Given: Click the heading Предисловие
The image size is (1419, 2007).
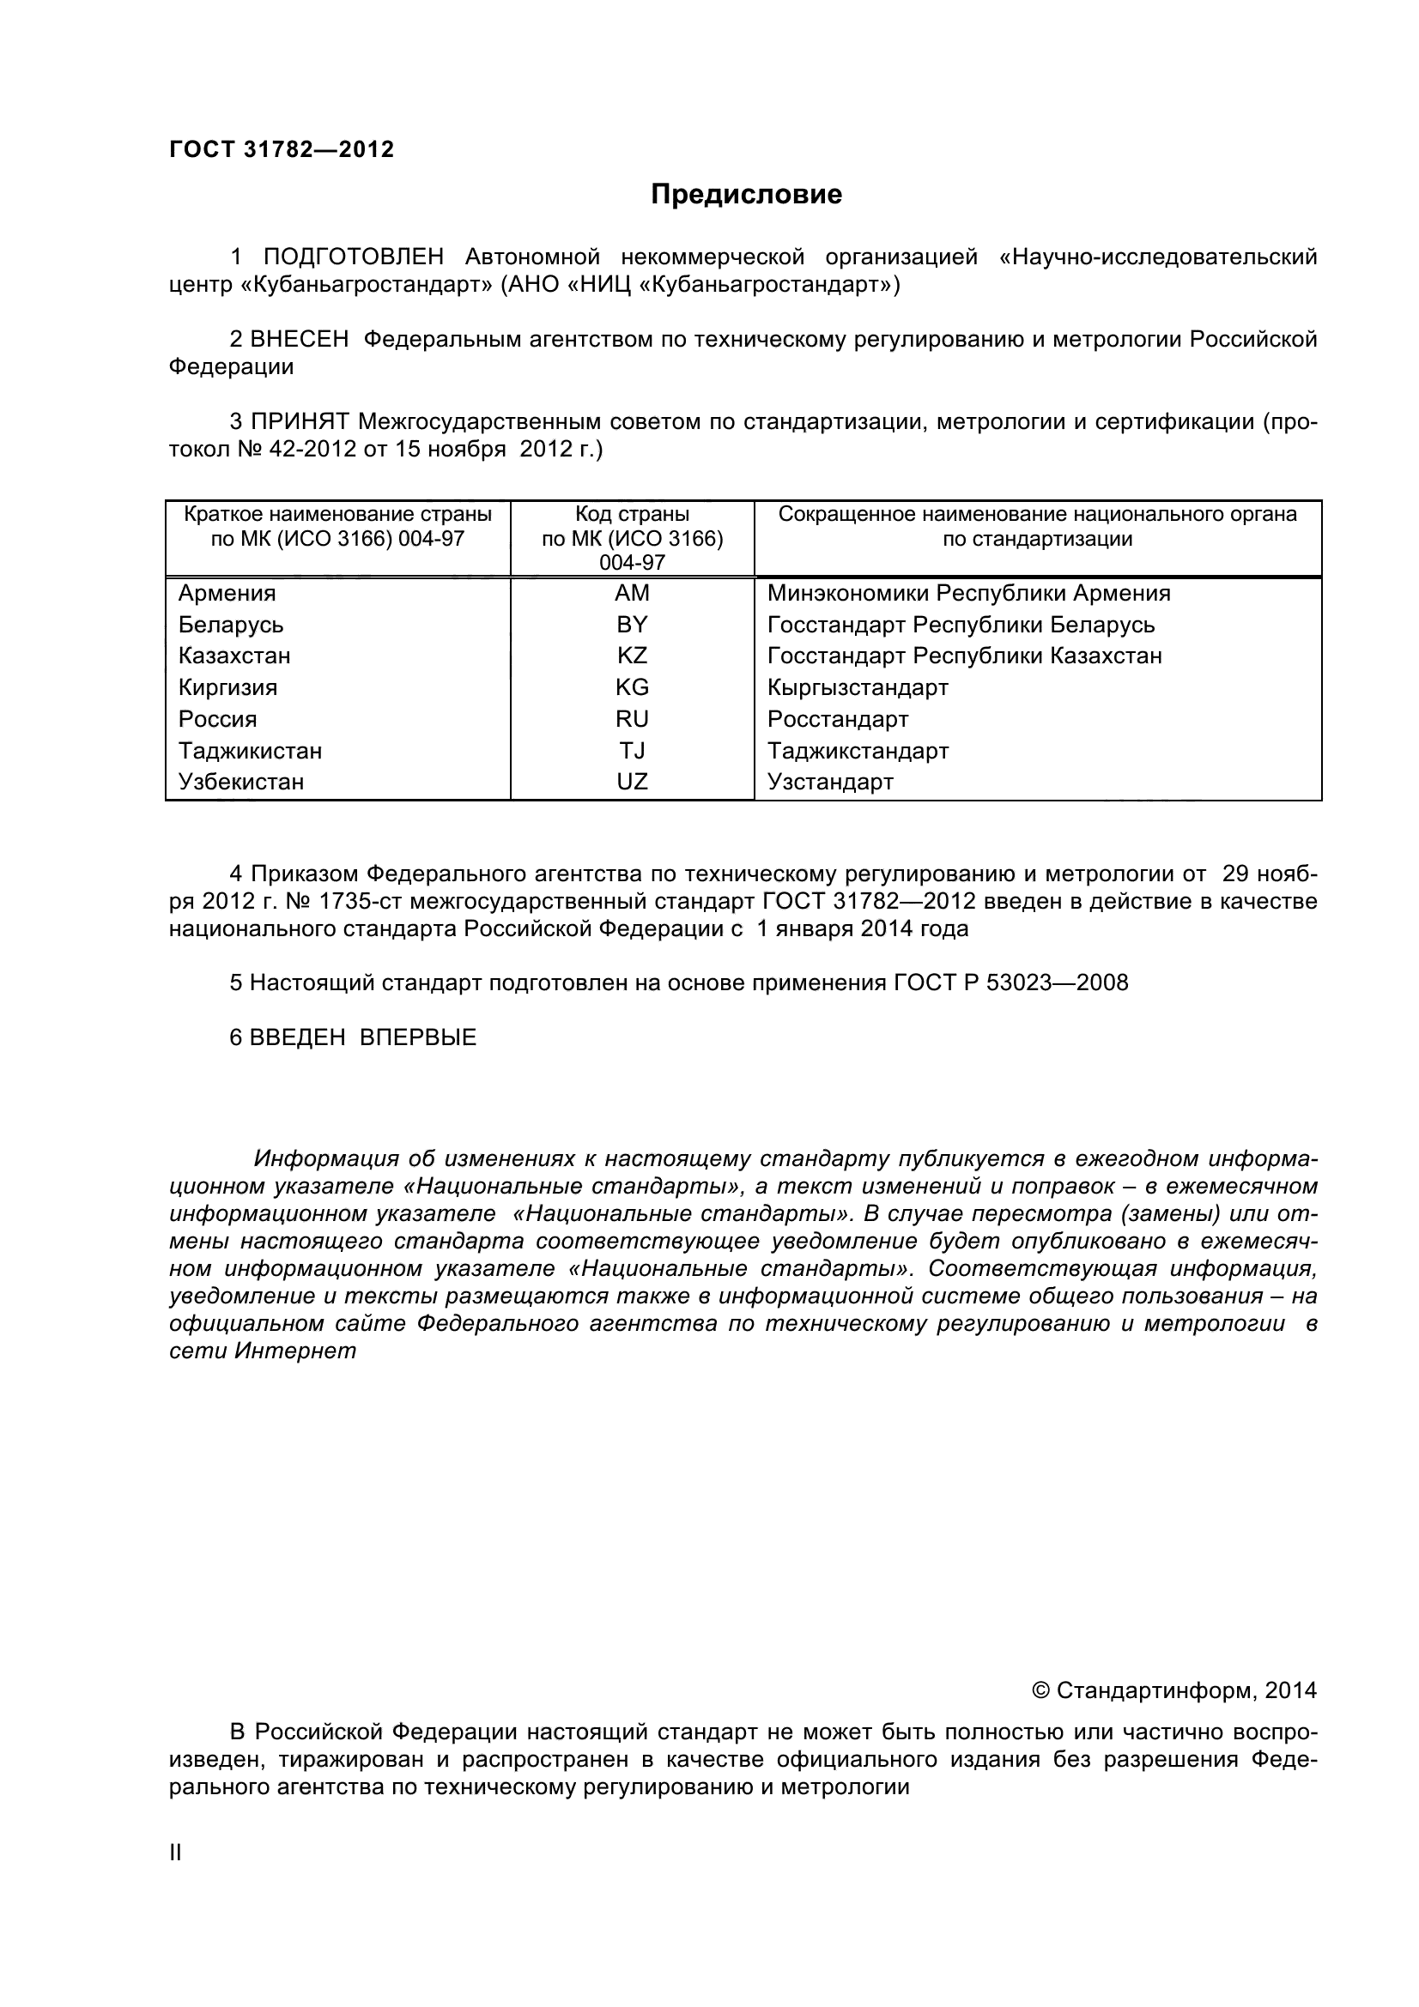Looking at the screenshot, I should coord(746,194).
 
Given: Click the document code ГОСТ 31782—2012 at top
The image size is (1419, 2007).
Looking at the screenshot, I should coord(282,149).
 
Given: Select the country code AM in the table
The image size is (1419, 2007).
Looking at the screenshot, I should coord(631,594).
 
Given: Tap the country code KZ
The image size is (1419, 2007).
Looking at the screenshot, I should coord(631,656).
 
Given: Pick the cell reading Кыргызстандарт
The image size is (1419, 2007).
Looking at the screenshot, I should coord(858,688).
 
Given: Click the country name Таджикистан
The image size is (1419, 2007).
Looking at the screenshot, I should coord(250,751).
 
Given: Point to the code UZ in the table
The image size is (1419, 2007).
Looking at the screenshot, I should coord(631,782).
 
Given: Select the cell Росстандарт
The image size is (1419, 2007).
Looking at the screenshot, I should coord(838,719).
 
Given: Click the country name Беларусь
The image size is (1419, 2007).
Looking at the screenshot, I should coord(231,625).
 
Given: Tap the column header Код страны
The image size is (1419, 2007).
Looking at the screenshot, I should coord(631,514).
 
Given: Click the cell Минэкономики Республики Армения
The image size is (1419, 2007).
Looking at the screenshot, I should coord(967,594).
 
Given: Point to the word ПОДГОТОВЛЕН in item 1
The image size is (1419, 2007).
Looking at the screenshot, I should coord(353,257).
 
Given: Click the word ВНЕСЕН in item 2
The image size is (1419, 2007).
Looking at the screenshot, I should coord(299,339).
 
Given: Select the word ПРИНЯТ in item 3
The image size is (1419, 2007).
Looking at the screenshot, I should coord(300,421).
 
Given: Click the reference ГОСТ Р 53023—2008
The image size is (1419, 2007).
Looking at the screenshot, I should coord(1010,982).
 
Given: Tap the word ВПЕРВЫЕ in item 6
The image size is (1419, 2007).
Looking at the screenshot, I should coord(418,1037).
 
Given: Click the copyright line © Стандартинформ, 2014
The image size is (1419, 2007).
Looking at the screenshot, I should coord(1174,1690).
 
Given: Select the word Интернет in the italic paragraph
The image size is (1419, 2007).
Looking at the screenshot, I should coord(295,1351).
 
